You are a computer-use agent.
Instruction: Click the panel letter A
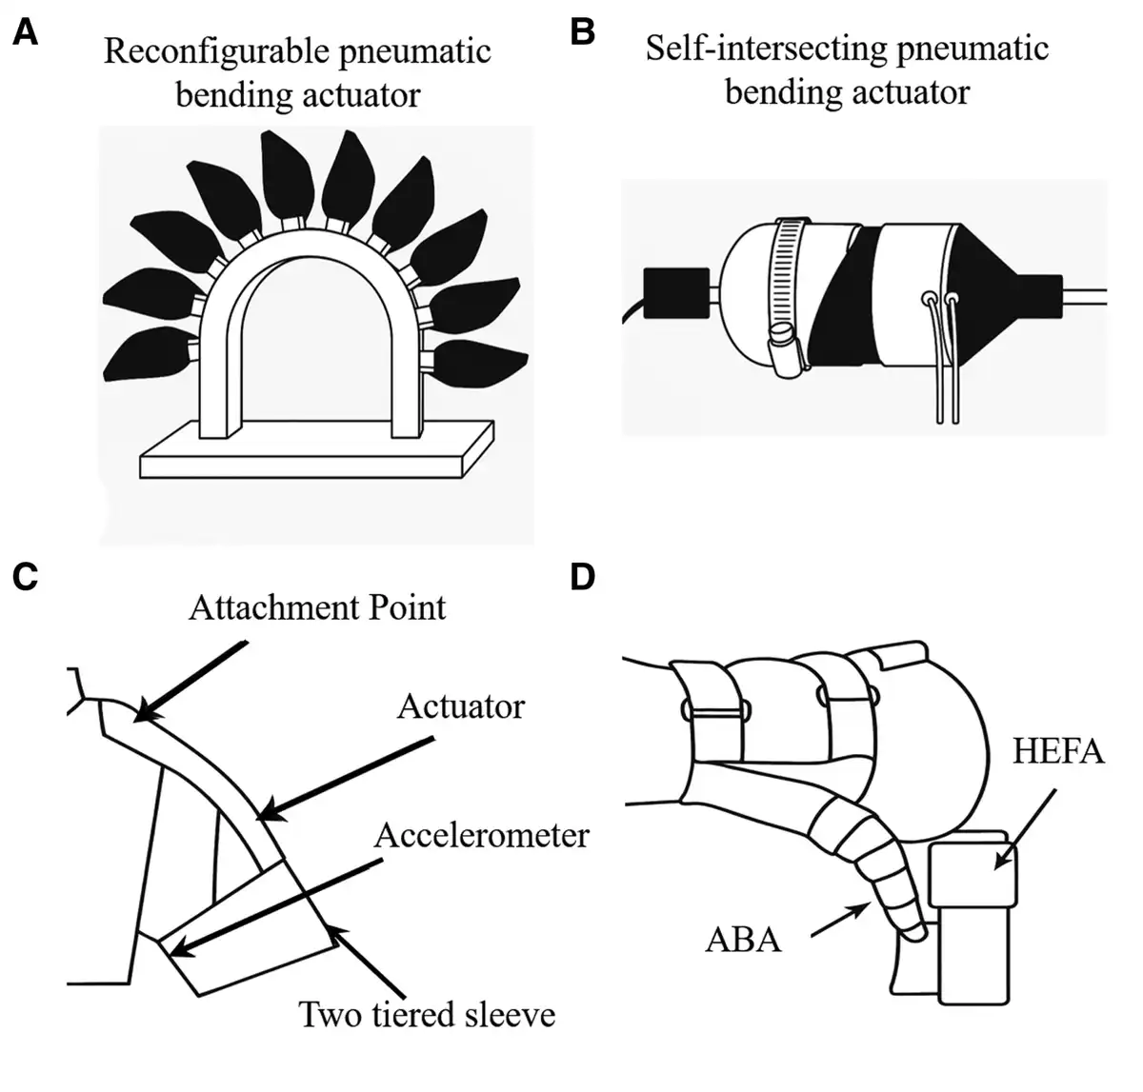26,31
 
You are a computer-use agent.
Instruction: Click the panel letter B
582,31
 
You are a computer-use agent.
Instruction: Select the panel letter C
26,577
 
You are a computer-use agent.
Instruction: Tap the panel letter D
582,577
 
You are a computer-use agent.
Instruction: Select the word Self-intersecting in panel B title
766,49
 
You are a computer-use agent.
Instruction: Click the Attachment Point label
317,607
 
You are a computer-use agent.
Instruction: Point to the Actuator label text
461,706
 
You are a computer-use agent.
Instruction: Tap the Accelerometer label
482,836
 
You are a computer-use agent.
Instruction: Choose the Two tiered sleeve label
427,1014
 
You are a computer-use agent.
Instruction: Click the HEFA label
1058,751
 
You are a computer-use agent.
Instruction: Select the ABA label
744,940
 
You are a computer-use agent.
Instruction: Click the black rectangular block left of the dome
676,293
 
